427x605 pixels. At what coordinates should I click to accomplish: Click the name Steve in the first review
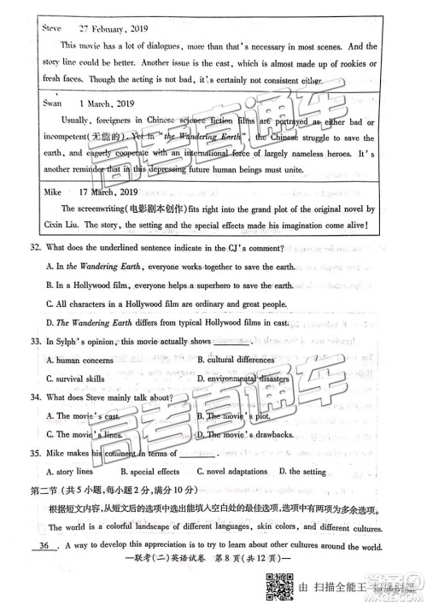click(x=52, y=27)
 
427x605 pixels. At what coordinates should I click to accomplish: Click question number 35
click(x=35, y=453)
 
